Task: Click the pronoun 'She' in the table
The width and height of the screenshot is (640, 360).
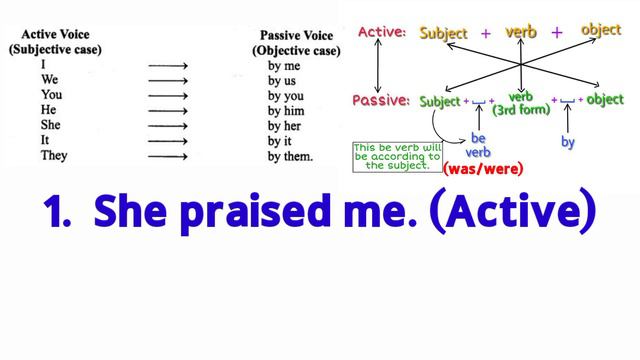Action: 49,126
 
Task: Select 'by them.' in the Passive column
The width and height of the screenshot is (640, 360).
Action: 291,157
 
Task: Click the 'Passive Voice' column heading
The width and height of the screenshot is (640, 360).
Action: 289,34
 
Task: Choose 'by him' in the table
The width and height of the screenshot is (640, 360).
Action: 286,111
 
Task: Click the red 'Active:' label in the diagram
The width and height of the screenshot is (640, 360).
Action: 382,33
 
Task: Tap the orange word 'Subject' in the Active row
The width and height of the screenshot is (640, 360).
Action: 443,33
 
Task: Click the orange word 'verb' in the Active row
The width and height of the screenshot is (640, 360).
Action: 520,32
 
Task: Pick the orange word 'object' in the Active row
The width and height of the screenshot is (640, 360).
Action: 600,30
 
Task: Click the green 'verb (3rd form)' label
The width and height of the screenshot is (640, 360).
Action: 522,103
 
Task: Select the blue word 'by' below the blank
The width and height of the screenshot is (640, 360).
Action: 568,143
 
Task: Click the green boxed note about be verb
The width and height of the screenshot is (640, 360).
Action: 396,157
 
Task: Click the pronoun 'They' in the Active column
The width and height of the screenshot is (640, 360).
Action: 53,157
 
